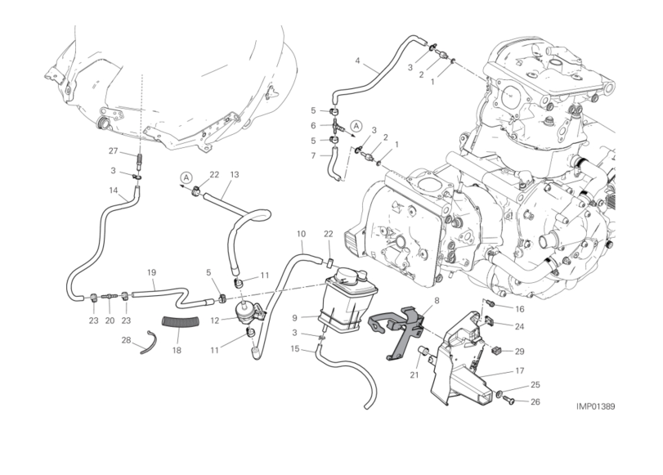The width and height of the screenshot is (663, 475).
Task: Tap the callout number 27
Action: click(114, 150)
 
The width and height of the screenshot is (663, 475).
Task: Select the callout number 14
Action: click(114, 190)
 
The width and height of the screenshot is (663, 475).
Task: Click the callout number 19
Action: click(151, 272)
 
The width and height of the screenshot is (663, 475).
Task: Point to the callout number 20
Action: click(110, 320)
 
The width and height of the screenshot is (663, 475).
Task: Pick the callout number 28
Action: click(127, 339)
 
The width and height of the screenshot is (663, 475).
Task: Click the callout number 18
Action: click(177, 349)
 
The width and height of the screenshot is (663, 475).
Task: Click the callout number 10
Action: click(301, 234)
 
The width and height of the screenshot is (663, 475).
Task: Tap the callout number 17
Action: click(518, 371)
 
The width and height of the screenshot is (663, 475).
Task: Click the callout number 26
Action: click(535, 401)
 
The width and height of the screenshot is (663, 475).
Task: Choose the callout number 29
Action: click(520, 351)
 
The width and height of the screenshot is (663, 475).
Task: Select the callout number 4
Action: click(357, 60)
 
